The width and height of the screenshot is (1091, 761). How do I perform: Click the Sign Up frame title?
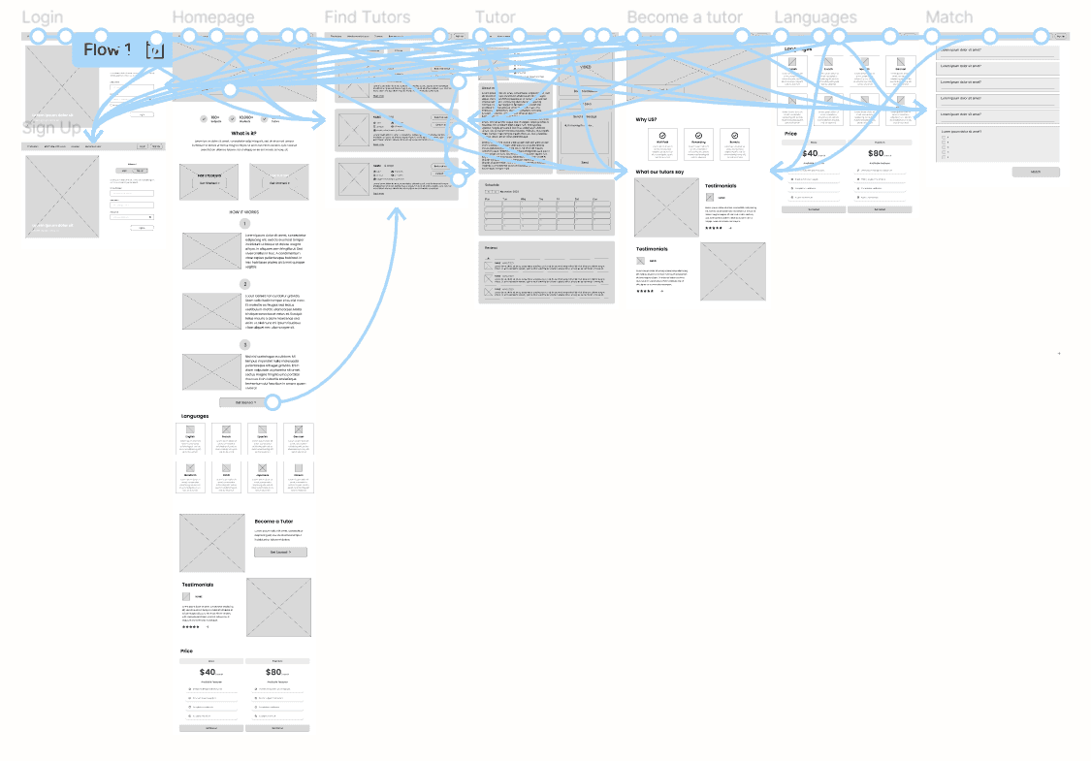point(51,128)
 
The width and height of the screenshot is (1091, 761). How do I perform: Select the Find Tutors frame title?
point(367,17)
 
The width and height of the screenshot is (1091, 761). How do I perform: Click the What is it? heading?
point(243,134)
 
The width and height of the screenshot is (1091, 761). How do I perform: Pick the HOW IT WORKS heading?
point(243,210)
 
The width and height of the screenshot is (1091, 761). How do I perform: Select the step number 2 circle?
point(245,284)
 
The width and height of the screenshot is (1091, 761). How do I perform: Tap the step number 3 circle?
point(245,344)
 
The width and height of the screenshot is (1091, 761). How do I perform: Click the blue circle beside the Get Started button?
point(272,401)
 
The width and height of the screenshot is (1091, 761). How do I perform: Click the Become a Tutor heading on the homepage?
point(273,522)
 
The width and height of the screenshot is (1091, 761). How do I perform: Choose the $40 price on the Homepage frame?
point(209,672)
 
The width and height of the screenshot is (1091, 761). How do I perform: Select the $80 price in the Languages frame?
point(877,153)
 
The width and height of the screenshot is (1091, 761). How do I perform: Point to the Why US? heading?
point(646,119)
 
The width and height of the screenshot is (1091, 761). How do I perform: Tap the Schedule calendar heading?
point(495,183)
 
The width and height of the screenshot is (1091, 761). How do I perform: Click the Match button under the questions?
point(1036,172)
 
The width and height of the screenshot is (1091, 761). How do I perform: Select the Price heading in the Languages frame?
point(791,133)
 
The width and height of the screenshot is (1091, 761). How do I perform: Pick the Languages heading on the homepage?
point(195,416)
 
